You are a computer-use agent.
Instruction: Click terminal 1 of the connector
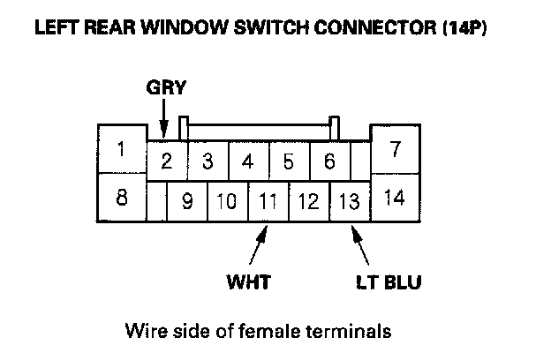point(122,149)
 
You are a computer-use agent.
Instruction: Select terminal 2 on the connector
point(165,161)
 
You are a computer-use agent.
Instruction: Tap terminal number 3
point(207,161)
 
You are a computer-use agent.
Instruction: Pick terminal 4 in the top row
point(247,161)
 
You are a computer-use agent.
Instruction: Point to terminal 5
point(288,161)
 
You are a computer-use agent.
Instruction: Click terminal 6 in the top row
point(328,161)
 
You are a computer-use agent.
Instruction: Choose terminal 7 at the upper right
point(395,149)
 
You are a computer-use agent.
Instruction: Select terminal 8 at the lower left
point(122,197)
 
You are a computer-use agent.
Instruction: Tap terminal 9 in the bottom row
point(187,201)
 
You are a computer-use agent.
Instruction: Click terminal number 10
point(227,201)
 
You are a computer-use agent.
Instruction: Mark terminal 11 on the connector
point(268,201)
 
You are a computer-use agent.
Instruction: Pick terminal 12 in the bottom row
point(308,201)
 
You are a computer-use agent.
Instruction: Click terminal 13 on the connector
point(350,201)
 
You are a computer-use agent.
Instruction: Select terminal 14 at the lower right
point(395,197)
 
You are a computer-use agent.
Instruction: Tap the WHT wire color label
point(248,283)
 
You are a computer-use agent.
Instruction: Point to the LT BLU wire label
point(389,283)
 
